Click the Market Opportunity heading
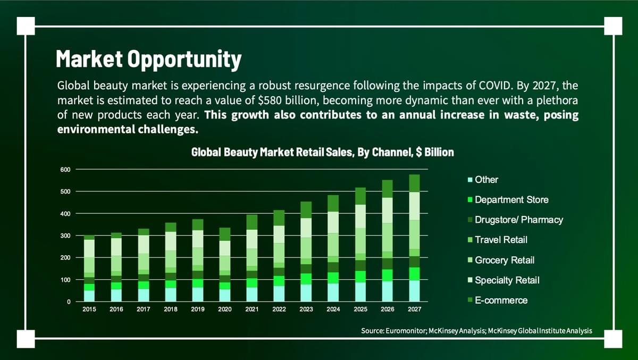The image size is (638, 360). (148, 60)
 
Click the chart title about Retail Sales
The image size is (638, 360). (322, 153)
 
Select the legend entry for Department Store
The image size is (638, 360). (511, 200)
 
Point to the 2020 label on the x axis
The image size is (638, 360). (224, 309)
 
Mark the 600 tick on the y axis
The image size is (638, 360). (65, 170)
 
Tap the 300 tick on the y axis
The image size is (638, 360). (65, 236)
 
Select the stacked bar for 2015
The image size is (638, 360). (89, 269)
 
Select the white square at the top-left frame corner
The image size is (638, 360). (26, 26)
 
